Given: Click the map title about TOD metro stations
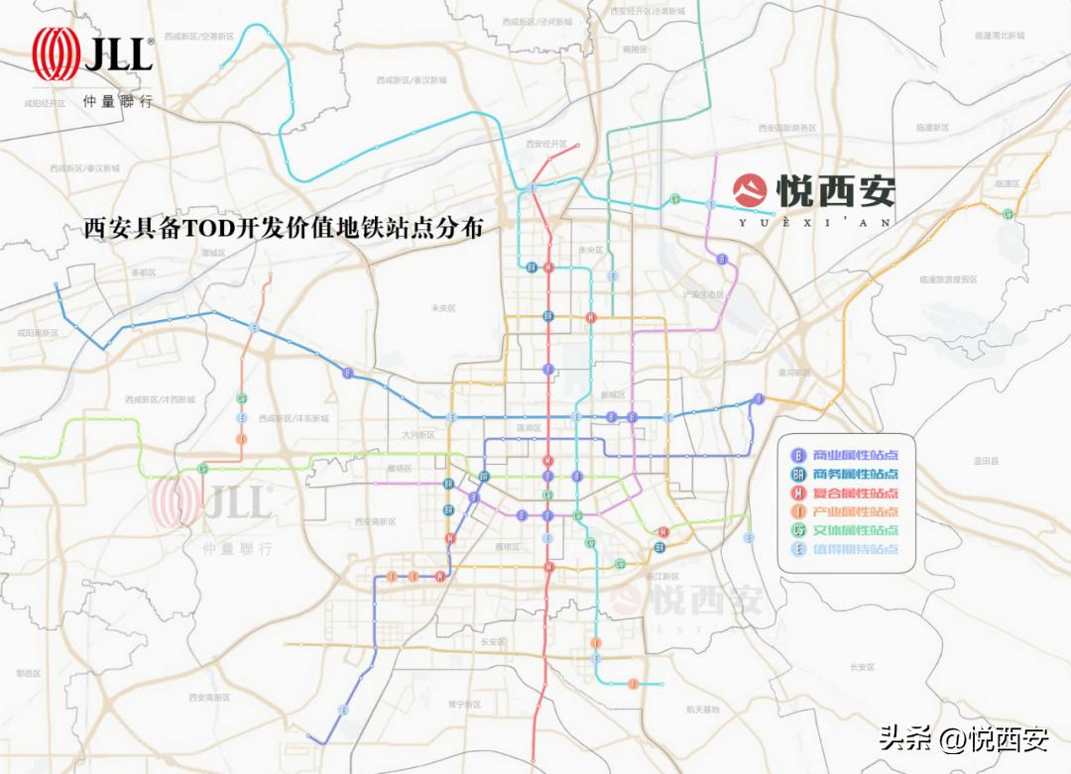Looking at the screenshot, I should [285, 229].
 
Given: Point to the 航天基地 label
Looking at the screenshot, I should [702, 710].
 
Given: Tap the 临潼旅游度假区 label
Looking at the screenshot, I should [948, 279].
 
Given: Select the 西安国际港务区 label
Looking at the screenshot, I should [786, 128].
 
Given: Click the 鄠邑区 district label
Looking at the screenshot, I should [28, 673].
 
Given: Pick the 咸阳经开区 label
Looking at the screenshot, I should [46, 103].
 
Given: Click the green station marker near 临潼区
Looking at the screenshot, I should [1009, 214].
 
